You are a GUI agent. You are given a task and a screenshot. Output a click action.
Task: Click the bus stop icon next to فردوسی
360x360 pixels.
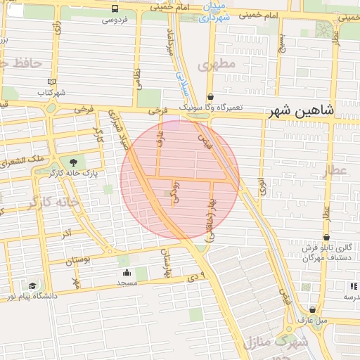[115, 8]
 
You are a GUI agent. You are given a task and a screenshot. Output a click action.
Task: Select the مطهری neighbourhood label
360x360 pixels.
[215, 65]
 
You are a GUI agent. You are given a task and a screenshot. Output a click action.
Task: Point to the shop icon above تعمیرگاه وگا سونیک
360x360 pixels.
[210, 97]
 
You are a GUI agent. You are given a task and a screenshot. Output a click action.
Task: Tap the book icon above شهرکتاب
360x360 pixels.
[51, 82]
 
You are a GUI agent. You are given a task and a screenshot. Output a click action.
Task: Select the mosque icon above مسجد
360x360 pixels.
[127, 272]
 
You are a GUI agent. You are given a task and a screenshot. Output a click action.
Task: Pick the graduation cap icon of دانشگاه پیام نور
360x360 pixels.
[33, 285]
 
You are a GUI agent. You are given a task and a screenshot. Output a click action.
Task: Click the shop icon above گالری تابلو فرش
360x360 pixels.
[326, 238]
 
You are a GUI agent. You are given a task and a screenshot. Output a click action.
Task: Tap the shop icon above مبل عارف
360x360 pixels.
[312, 309]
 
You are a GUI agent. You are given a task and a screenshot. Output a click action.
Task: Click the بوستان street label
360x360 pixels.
[79, 261]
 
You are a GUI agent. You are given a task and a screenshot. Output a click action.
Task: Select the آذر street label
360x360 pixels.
[67, 232]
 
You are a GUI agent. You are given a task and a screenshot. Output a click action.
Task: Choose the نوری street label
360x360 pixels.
[262, 187]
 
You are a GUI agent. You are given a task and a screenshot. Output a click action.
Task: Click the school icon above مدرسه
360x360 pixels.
[353, 286]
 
